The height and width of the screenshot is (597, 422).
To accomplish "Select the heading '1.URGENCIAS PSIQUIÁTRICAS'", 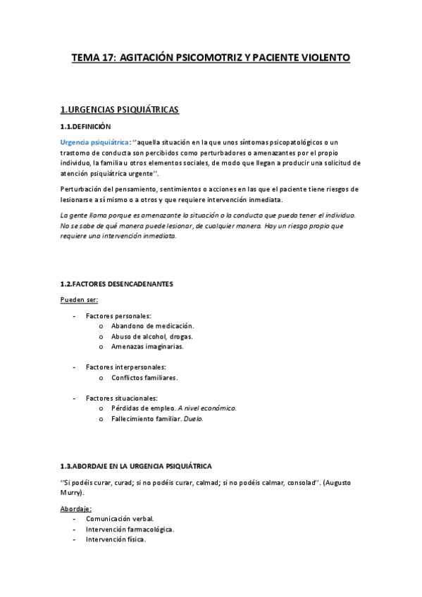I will coord(120,110).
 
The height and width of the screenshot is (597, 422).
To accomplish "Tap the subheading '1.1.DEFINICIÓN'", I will coord(85,127).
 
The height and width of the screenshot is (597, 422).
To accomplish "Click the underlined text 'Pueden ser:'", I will coord(79,300).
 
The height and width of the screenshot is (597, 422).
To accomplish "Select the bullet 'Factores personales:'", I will coord(118,316).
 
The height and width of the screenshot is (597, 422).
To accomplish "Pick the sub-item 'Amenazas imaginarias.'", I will coord(147,346).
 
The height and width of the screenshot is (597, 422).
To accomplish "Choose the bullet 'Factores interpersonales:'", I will coord(125,367).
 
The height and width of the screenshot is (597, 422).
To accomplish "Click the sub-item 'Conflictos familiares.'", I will coord(144,377).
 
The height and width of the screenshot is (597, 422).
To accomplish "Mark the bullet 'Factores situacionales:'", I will coord(122,398).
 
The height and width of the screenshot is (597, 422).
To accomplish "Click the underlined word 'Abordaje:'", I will coord(76,508).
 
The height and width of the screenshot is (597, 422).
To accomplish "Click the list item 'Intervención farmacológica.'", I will coord(130,529).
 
